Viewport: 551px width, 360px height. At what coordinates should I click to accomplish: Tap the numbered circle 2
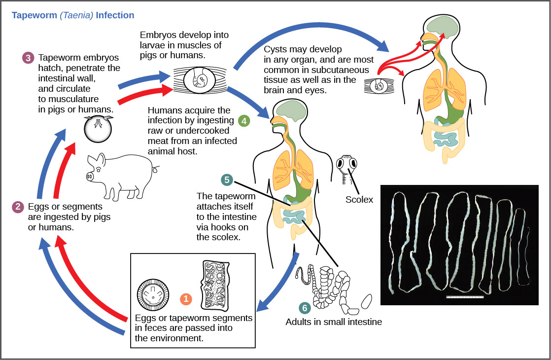pyautogui.click(x=18, y=207)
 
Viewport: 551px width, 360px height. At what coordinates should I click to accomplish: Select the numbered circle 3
pyautogui.click(x=28, y=58)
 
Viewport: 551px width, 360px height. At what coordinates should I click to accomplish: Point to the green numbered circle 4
pyautogui.click(x=243, y=120)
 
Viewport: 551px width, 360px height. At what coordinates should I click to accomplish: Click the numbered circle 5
pyautogui.click(x=227, y=180)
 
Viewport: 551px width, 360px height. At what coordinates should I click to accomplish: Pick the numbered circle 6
pyautogui.click(x=305, y=308)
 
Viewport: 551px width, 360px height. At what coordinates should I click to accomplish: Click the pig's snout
pyautogui.click(x=90, y=176)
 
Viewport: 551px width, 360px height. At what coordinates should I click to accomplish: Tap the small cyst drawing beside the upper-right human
pyautogui.click(x=379, y=86)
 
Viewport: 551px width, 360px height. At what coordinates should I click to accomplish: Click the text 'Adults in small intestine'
pyautogui.click(x=334, y=322)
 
